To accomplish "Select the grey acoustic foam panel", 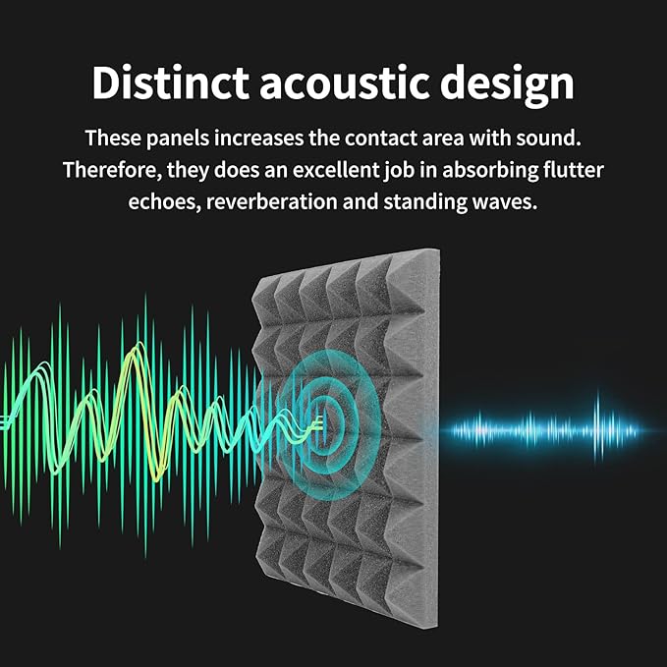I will [x=344, y=432].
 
